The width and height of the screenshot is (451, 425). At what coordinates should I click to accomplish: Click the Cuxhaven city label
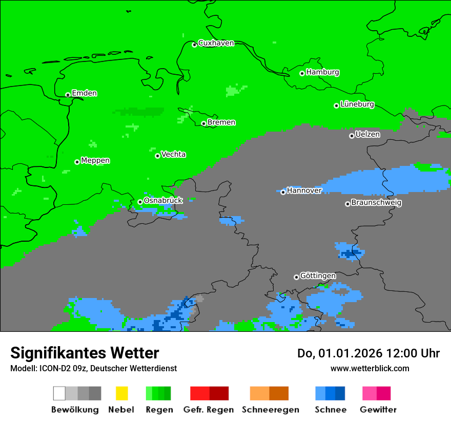[x=216, y=43]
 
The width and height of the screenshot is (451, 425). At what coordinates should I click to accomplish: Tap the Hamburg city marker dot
[x=302, y=73]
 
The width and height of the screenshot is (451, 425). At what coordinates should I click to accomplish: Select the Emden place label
[x=84, y=93]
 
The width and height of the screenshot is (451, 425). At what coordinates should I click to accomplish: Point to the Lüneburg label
[x=357, y=104]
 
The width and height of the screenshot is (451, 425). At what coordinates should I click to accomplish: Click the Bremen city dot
[x=203, y=123]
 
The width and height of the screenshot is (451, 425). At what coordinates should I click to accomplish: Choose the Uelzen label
[x=367, y=135]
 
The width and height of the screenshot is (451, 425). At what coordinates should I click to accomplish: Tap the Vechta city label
[x=173, y=154]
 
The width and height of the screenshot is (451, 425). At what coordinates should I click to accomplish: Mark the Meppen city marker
[x=77, y=162]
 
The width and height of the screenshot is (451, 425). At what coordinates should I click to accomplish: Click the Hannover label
[x=304, y=190]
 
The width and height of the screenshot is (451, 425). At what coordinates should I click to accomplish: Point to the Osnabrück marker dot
[x=140, y=202]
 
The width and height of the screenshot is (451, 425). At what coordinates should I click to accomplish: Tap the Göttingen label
[x=318, y=276]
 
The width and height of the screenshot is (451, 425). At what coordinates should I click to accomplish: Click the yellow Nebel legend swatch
[x=121, y=393]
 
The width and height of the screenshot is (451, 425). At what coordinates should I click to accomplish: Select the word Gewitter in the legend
[x=378, y=410]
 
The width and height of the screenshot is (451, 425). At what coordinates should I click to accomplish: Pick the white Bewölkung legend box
[x=59, y=393]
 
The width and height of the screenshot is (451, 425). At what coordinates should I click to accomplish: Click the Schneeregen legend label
[x=270, y=410]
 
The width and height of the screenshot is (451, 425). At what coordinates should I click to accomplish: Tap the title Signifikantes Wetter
[x=85, y=353]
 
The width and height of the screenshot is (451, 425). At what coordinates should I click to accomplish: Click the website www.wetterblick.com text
[x=370, y=368]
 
